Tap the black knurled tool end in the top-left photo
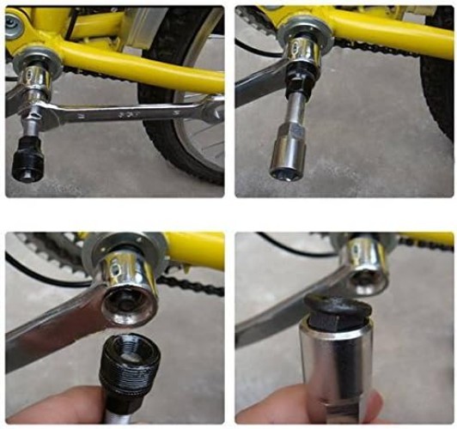pos(30,160)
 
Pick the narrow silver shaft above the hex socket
pos(295,101)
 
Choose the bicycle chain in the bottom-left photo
pos(185,287)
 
